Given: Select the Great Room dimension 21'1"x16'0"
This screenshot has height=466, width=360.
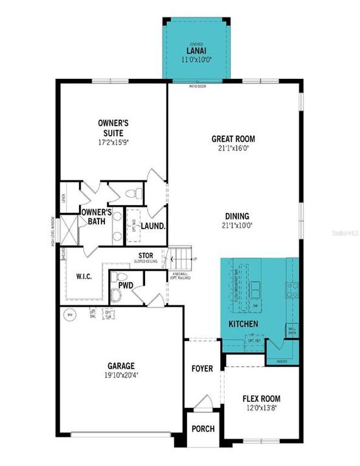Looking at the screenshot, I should pos(233,148).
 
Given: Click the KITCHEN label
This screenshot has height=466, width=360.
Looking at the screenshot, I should pos(243,323).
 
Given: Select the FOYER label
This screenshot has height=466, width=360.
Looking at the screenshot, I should pos(202,368).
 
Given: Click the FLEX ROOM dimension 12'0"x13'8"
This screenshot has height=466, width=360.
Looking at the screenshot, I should pos(261,408).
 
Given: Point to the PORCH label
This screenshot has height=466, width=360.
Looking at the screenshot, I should pos(203,428).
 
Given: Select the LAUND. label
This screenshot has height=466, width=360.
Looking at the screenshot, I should pos(153,227).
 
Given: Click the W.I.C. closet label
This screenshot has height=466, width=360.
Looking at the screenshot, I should pos(83,277).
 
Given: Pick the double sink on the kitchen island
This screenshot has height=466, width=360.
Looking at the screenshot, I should pos(256,286).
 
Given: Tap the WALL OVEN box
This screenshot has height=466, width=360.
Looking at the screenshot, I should pos(292,330).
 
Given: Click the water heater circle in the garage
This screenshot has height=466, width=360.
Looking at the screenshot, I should pos(69,315).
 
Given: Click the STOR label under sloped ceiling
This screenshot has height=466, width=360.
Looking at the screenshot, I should pos(146,255).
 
